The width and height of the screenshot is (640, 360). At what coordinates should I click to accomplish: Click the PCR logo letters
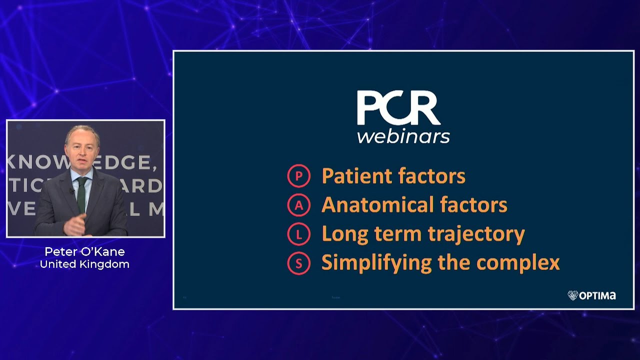tap(398, 109)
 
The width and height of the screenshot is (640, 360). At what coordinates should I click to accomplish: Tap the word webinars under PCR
tap(403, 136)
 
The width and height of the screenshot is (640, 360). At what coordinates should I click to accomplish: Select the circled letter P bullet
tap(299, 176)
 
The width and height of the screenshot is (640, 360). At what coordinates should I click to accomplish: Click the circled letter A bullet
tap(299, 205)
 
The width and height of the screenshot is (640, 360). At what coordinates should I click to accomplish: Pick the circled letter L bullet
tap(299, 234)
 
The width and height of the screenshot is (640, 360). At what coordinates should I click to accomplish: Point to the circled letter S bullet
tap(299, 263)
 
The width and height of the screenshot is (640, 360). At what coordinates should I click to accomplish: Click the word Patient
tap(356, 176)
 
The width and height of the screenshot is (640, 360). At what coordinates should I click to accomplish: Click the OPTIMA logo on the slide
tap(592, 295)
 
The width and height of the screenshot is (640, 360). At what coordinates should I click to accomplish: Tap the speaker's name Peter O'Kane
tap(84, 251)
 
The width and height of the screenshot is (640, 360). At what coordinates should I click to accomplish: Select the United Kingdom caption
tap(84, 264)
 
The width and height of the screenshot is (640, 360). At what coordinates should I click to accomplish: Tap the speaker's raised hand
tap(74, 226)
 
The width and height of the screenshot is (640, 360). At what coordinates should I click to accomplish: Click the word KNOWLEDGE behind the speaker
tap(35, 162)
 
